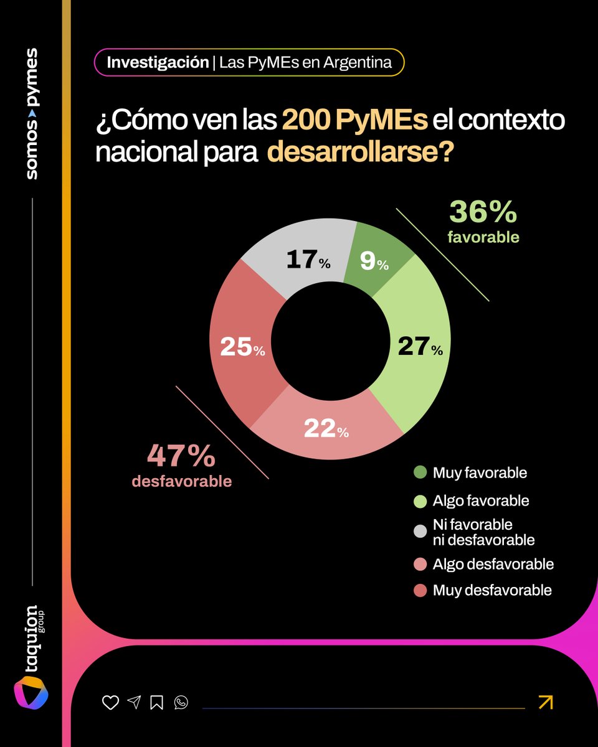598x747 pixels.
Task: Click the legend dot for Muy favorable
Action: pyautogui.click(x=420, y=473)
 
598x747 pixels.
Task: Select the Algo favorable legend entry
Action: pyautogui.click(x=481, y=501)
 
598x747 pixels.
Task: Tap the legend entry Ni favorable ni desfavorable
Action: pyautogui.click(x=483, y=532)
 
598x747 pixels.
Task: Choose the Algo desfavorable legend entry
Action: pyautogui.click(x=493, y=564)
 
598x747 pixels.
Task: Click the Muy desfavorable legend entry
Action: pyautogui.click(x=492, y=590)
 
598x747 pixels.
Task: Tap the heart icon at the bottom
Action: pyautogui.click(x=110, y=703)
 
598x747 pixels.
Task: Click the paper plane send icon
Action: pyautogui.click(x=134, y=703)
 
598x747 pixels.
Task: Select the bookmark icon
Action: pyautogui.click(x=157, y=703)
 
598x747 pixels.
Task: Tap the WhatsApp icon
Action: pyautogui.click(x=181, y=703)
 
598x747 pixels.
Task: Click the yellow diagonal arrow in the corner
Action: pyautogui.click(x=545, y=702)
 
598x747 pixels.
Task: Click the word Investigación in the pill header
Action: pyautogui.click(x=158, y=63)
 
